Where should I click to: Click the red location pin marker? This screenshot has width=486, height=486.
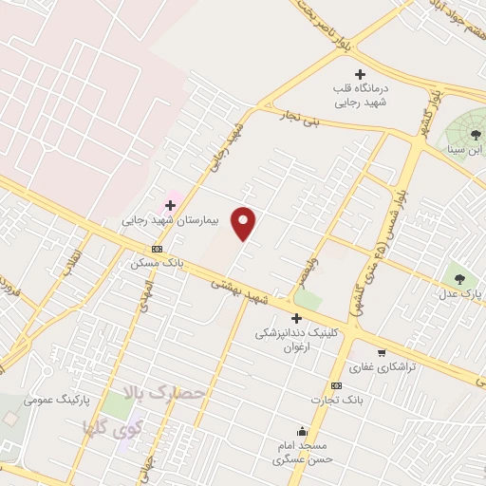pyautogui.click(x=244, y=222)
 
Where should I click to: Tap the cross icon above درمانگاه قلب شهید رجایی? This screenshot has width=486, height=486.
pyautogui.click(x=360, y=74)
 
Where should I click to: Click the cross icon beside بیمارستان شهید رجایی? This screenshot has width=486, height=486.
pyautogui.click(x=171, y=204)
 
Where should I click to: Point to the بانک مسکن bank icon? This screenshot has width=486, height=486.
pyautogui.click(x=157, y=249)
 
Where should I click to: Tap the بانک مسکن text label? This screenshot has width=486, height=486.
pyautogui.click(x=158, y=263)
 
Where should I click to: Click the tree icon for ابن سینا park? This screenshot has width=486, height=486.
pyautogui.click(x=475, y=135)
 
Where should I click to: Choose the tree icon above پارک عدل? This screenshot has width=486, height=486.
pyautogui.click(x=459, y=279)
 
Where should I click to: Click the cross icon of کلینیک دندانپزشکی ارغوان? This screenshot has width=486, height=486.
pyautogui.click(x=296, y=319)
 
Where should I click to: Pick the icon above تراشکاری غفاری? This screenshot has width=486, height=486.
pyautogui.click(x=381, y=352)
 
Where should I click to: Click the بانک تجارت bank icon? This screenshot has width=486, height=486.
pyautogui.click(x=335, y=385)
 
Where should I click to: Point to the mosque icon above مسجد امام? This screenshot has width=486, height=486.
pyautogui.click(x=302, y=431)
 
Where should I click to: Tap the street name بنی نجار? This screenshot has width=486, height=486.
pyautogui.click(x=299, y=118)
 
